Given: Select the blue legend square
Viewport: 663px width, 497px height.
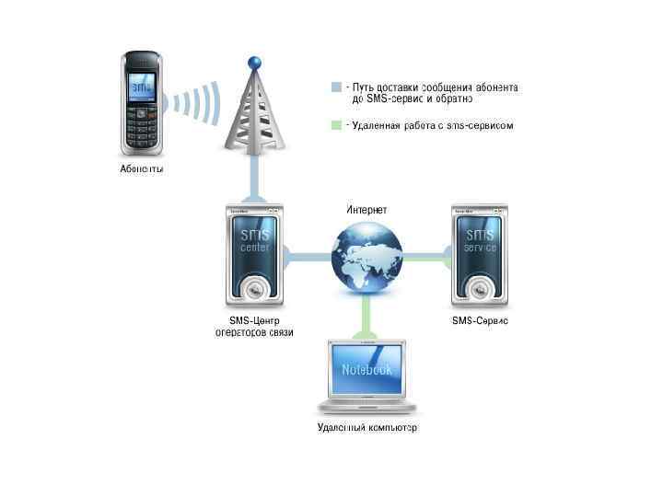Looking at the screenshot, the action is point(336,87).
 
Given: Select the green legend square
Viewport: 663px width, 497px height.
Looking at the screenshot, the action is point(336,125).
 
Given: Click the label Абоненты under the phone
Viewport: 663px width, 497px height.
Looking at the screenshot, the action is point(142,168).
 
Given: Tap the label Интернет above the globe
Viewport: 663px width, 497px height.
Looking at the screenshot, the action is point(366,210).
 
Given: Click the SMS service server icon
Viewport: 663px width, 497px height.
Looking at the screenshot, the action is point(480,254).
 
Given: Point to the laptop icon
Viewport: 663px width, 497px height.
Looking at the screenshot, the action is point(366,377).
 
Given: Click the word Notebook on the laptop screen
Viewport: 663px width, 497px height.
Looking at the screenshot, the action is point(366,369).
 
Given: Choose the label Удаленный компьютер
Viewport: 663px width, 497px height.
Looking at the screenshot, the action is point(366,428).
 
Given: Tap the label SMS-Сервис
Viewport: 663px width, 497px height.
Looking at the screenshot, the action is point(480,320).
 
